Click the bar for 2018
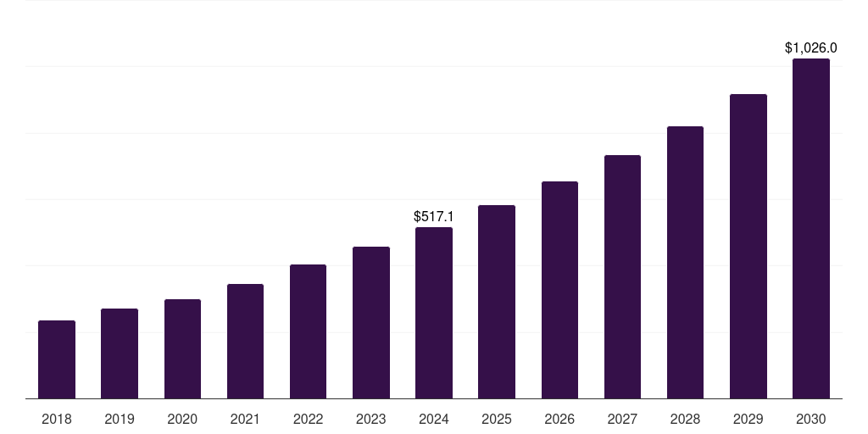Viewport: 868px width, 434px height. pyautogui.click(x=57, y=359)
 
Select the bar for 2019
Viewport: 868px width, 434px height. pyautogui.click(x=120, y=353)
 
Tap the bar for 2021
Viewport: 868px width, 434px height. pyautogui.click(x=245, y=341)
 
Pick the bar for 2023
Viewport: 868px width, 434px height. pyautogui.click(x=371, y=322)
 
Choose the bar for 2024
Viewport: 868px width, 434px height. pyautogui.click(x=434, y=313)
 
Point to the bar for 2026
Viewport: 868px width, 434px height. pyautogui.click(x=559, y=290)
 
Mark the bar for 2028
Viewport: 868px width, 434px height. pyautogui.click(x=685, y=262)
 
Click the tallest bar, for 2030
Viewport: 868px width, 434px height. pyautogui.click(x=811, y=228)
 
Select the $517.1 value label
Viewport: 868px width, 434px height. pyautogui.click(x=433, y=217)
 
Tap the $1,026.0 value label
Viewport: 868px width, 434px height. pyautogui.click(x=811, y=48)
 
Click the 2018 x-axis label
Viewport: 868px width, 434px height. pyautogui.click(x=57, y=419)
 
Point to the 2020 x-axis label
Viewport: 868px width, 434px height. pyautogui.click(x=182, y=419)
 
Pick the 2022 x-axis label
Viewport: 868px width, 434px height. pyautogui.click(x=308, y=419)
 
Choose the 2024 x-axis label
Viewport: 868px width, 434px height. pyautogui.click(x=434, y=419)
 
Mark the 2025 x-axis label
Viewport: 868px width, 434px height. pyautogui.click(x=497, y=419)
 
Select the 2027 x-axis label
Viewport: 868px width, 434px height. pyautogui.click(x=622, y=419)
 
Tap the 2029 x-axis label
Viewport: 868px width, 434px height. pyautogui.click(x=748, y=419)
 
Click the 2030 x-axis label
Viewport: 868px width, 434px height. pyautogui.click(x=811, y=419)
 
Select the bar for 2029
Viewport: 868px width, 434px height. pyautogui.click(x=748, y=246)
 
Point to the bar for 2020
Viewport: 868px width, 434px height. pyautogui.click(x=182, y=348)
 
